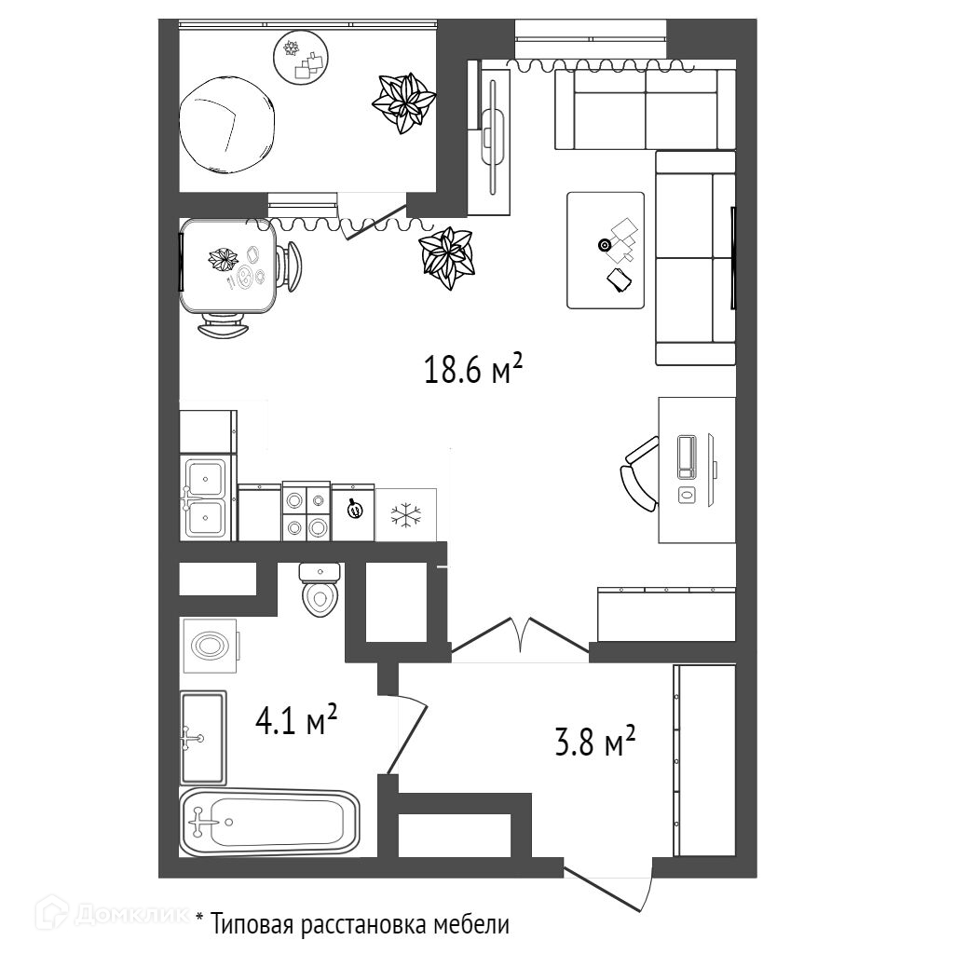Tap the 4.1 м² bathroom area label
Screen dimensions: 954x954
[x=295, y=720]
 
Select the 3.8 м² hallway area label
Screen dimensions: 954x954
[x=594, y=744]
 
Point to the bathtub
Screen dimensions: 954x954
[x=270, y=823]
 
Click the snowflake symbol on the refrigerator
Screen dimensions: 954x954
[x=405, y=514]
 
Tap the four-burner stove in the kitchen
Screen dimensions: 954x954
[x=306, y=511]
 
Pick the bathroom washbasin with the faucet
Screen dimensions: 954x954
[x=203, y=738]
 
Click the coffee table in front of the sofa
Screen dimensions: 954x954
[x=606, y=250]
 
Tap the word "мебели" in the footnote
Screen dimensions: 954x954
[x=471, y=926]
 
